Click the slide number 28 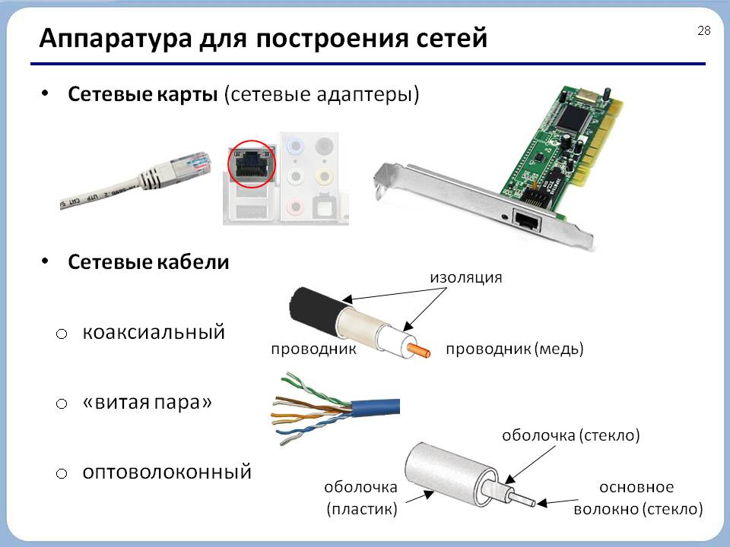coord(704,30)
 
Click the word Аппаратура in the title coord(116,39)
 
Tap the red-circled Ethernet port coord(252,164)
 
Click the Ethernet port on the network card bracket coord(526,220)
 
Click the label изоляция coord(465,278)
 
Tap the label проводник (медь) coord(515,349)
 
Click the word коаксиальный coord(154,332)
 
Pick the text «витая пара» coord(147,403)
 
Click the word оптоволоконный coord(167,472)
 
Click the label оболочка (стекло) coord(571,435)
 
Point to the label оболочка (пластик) coord(361,498)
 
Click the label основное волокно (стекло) coord(638,498)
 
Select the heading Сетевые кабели coord(148,262)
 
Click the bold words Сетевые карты coord(143,94)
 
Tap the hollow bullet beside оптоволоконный coord(62,474)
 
